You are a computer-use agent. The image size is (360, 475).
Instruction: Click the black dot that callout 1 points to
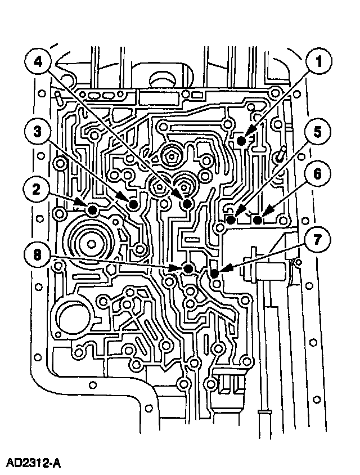tap(241, 141)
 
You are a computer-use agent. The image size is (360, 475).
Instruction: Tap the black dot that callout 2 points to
tap(92, 210)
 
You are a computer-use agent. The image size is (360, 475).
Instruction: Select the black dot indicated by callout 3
tap(133, 204)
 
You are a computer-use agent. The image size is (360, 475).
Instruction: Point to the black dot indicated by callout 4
tap(187, 203)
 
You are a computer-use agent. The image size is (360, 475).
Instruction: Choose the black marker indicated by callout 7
tap(214, 274)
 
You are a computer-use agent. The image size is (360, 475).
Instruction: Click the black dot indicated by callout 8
tap(188, 269)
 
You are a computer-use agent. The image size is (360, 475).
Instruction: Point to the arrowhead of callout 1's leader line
tap(249, 135)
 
